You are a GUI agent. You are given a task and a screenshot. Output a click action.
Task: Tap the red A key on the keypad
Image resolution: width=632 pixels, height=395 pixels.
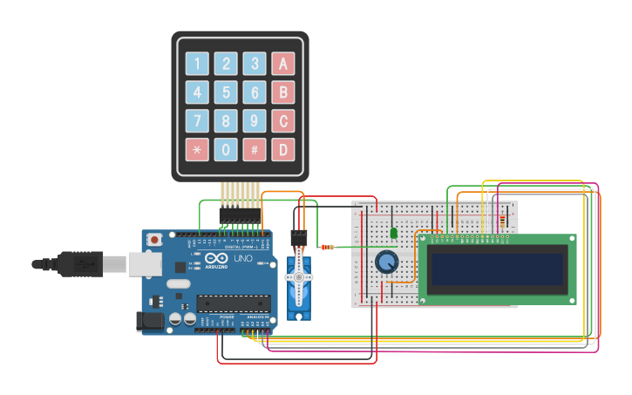[x=282, y=64]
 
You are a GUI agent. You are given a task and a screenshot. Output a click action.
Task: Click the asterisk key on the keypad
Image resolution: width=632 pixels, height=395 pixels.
[x=197, y=149]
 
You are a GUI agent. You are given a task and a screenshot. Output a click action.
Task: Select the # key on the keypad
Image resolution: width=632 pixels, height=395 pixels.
[x=255, y=149]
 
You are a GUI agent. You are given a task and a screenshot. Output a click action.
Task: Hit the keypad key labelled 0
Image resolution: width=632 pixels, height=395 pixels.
[x=226, y=149]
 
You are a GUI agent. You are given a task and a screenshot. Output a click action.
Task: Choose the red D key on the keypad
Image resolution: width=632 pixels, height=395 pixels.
[x=282, y=149]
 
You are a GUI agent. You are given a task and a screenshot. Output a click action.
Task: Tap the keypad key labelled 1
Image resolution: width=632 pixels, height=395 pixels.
[x=197, y=64]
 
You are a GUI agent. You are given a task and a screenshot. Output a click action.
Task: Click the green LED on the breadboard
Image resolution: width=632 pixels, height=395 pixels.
[x=394, y=233]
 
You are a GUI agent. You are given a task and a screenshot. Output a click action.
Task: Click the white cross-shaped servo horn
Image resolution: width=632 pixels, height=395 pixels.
[x=299, y=277]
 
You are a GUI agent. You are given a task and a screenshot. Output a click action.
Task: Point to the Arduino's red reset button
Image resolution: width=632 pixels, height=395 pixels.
[x=154, y=239]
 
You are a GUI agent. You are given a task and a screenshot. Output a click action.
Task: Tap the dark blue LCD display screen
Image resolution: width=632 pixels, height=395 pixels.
[x=497, y=269]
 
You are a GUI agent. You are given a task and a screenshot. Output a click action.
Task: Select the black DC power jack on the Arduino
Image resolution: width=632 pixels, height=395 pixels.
[x=150, y=321]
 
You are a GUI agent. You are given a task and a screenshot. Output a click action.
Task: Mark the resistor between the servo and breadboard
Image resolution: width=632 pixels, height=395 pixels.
[x=327, y=247]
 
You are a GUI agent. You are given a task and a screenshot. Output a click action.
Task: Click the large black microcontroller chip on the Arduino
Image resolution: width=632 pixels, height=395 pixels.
[x=230, y=303]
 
